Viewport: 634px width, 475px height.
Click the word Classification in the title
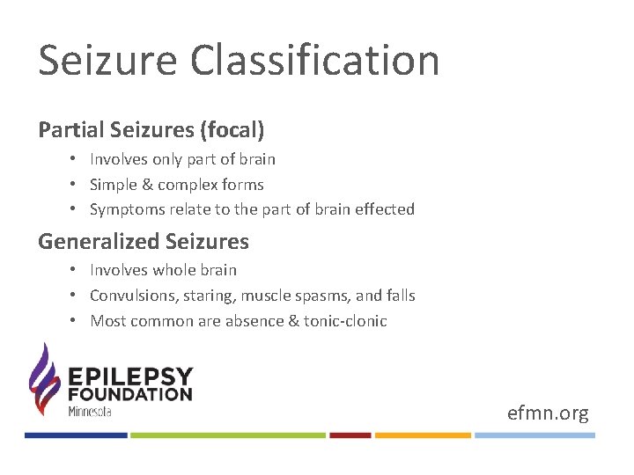click(x=315, y=62)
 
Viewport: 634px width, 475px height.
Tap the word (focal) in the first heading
click(x=232, y=130)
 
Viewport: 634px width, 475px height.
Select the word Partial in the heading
click(x=65, y=130)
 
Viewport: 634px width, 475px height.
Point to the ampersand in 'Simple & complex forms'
click(x=145, y=185)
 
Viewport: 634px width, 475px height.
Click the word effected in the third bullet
click(x=384, y=209)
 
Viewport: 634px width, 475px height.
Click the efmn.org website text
click(x=548, y=413)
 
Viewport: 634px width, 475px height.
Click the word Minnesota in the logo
click(x=90, y=411)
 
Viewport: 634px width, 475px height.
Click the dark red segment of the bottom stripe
click(x=350, y=435)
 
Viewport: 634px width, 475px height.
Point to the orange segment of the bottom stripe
click(x=423, y=435)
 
